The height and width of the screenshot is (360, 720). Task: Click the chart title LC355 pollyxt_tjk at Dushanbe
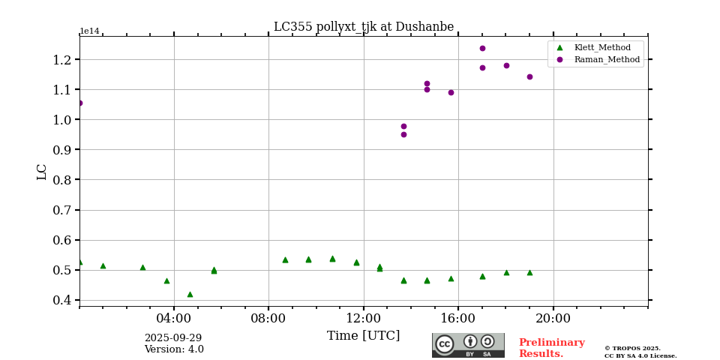tap(363, 27)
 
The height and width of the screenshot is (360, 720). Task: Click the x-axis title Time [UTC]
tap(363, 335)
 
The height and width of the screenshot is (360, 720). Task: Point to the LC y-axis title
tap(42, 172)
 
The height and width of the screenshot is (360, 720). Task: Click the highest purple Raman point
tap(482, 48)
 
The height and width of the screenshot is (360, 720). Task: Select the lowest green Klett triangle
tap(190, 294)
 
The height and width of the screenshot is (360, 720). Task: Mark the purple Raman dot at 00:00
tap(79, 103)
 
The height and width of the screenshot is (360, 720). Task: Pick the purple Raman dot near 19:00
tap(529, 76)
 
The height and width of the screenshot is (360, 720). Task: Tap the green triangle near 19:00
tap(529, 272)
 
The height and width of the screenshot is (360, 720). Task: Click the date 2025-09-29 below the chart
tap(173, 338)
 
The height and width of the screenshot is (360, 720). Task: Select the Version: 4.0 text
tap(173, 349)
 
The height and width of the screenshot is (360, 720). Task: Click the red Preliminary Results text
tap(551, 348)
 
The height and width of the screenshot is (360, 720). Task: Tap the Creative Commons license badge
tap(468, 345)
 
